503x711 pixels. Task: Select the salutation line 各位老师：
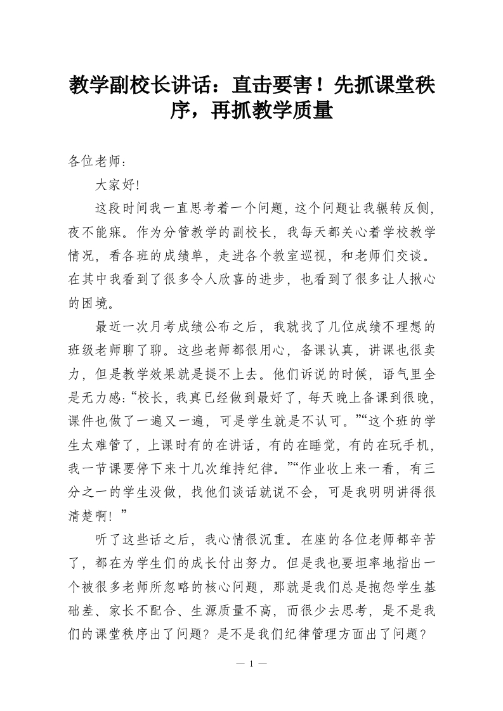coord(93,161)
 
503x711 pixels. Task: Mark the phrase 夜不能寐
coord(96,231)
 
